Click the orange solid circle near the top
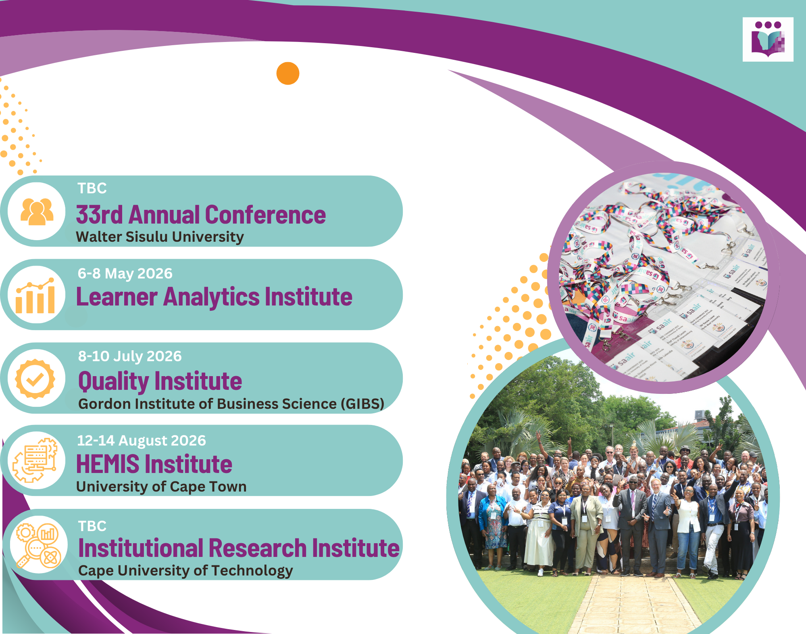pos(287,73)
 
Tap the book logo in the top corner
pos(768,40)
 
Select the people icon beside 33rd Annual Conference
pos(37,211)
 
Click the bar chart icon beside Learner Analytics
pos(36,295)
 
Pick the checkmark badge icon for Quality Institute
pos(35,379)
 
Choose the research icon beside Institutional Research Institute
pos(38,545)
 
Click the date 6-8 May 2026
pos(125,274)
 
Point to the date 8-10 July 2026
pos(130,356)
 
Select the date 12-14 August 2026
pos(142,440)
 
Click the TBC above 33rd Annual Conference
pos(92,188)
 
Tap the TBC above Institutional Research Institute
pos(92,526)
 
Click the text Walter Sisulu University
pos(160,237)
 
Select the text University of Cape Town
pos(161,487)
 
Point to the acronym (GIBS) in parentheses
pos(362,404)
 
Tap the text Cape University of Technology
pos(185,571)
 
